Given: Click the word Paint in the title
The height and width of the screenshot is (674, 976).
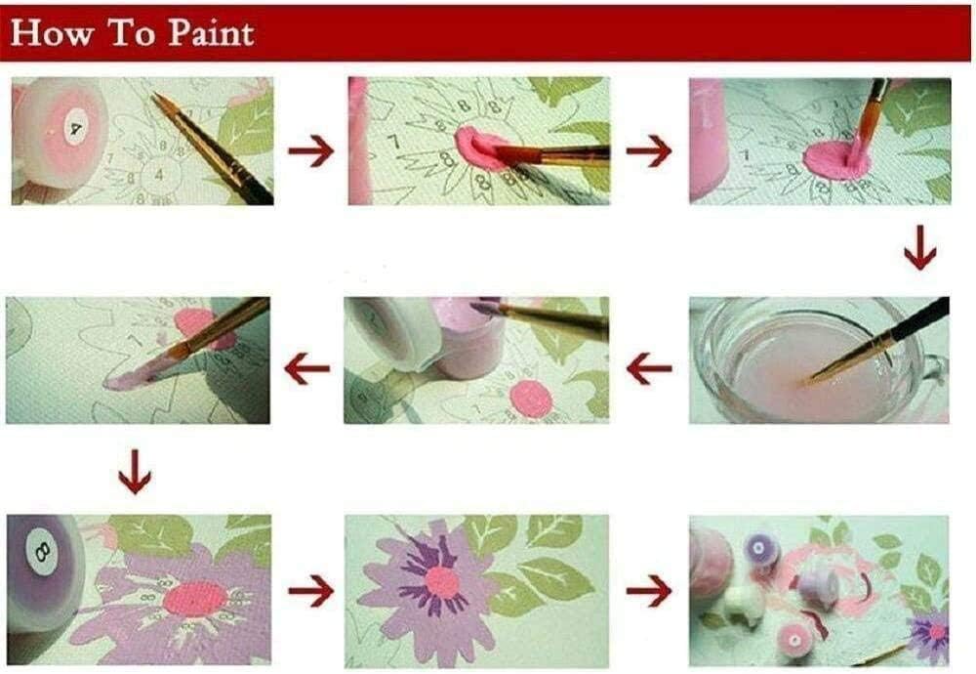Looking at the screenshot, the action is [212, 32].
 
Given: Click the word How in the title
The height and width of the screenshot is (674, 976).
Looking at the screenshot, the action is [53, 32].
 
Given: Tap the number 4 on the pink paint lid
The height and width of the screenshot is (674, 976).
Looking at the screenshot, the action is [75, 129].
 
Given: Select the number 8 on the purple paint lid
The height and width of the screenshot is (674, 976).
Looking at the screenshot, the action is [43, 551].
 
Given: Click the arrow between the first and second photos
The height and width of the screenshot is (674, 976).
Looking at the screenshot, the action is [310, 150].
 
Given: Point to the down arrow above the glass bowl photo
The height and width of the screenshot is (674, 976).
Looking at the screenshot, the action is [920, 247].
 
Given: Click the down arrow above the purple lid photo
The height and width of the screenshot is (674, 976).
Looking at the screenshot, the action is [135, 472].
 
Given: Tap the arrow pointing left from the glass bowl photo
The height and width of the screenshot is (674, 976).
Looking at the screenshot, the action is [649, 368].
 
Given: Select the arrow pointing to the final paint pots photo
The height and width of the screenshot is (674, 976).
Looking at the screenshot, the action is [649, 591].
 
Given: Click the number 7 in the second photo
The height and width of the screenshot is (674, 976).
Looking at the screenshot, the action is [393, 142].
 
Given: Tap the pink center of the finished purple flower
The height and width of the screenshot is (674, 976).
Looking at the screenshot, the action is [442, 583].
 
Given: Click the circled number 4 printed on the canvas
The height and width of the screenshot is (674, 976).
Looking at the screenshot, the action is [159, 175].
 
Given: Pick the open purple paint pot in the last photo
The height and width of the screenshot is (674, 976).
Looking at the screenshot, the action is [758, 549].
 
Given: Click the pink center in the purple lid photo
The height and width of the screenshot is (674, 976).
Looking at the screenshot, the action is [195, 599].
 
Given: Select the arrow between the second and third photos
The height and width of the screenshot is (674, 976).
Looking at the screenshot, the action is [649, 150].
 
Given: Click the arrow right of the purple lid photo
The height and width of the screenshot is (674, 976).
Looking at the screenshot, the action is [310, 591].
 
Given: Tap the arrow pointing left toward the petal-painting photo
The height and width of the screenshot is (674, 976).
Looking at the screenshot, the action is [306, 368].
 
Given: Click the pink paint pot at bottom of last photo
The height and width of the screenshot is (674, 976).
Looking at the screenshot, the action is [794, 640].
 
